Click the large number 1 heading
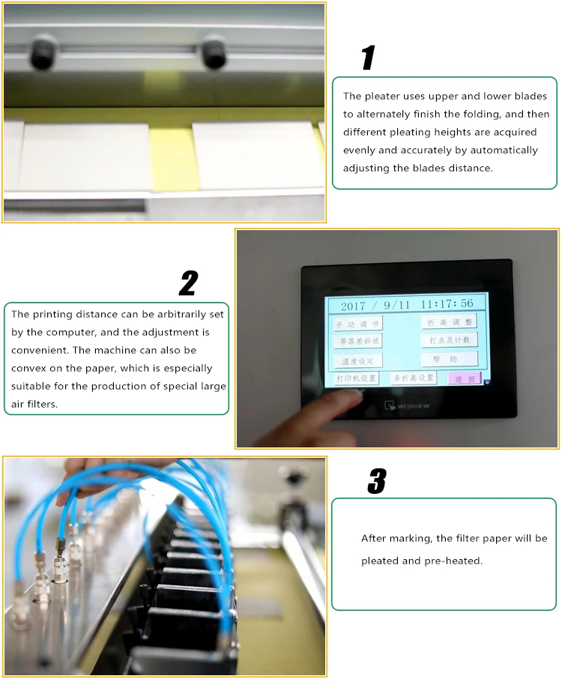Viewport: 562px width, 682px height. (368, 58)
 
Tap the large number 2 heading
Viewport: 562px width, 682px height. (189, 283)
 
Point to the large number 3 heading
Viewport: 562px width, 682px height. (377, 481)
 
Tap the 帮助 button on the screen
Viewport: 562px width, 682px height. (449, 360)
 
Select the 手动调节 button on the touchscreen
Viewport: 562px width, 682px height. (357, 324)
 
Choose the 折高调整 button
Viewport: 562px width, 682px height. (449, 322)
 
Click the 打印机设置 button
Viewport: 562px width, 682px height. (356, 378)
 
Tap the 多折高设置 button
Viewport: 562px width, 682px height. (414, 378)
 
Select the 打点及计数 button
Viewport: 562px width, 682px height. (449, 340)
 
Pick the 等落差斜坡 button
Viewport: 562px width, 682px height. (357, 341)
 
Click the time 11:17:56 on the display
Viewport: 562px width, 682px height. (447, 304)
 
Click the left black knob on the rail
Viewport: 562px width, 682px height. (42, 55)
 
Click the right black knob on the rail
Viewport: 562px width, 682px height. (214, 55)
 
